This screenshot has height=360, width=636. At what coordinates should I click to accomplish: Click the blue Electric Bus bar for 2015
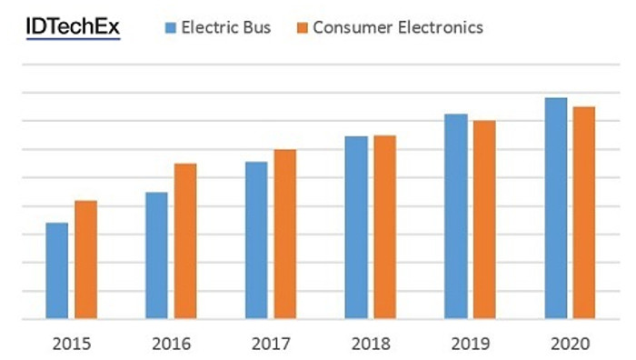[56, 271]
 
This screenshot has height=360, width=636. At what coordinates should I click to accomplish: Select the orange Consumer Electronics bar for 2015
[86, 260]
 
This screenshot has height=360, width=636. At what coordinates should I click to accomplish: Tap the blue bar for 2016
[156, 255]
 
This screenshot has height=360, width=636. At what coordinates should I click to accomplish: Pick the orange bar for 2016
[185, 241]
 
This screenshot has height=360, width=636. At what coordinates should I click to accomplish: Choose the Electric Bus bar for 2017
[256, 240]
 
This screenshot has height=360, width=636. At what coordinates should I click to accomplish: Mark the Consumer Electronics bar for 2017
[285, 235]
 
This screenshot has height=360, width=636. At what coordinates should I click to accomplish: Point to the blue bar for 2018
[356, 227]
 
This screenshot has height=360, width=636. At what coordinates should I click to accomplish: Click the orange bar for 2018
[385, 227]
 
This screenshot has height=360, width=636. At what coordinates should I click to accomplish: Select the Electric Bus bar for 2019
[456, 216]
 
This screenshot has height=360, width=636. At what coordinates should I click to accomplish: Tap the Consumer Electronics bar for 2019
[484, 220]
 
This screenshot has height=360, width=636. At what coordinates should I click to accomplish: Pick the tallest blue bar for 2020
[556, 208]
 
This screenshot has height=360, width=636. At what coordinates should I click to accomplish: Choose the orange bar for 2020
[584, 213]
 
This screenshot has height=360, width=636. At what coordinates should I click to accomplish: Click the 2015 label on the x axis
[72, 345]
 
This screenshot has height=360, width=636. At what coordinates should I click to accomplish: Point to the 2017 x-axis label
[271, 345]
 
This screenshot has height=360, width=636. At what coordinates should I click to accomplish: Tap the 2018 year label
[371, 345]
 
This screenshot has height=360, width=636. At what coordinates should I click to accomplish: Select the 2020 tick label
[571, 345]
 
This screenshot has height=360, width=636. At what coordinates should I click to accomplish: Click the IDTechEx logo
[73, 27]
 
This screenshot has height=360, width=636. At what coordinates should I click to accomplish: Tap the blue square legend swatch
[171, 28]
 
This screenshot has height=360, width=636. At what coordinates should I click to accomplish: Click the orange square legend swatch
[303, 28]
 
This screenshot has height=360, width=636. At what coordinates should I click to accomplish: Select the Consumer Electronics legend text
[398, 27]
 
